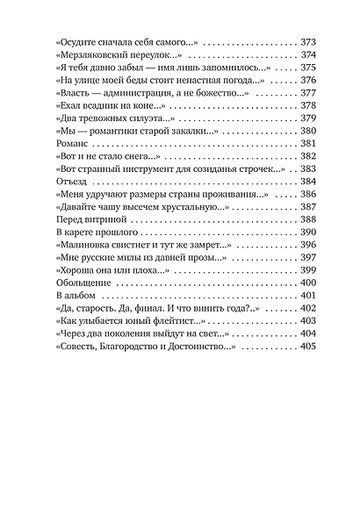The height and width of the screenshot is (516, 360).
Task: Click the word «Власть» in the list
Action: tap(77, 93)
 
